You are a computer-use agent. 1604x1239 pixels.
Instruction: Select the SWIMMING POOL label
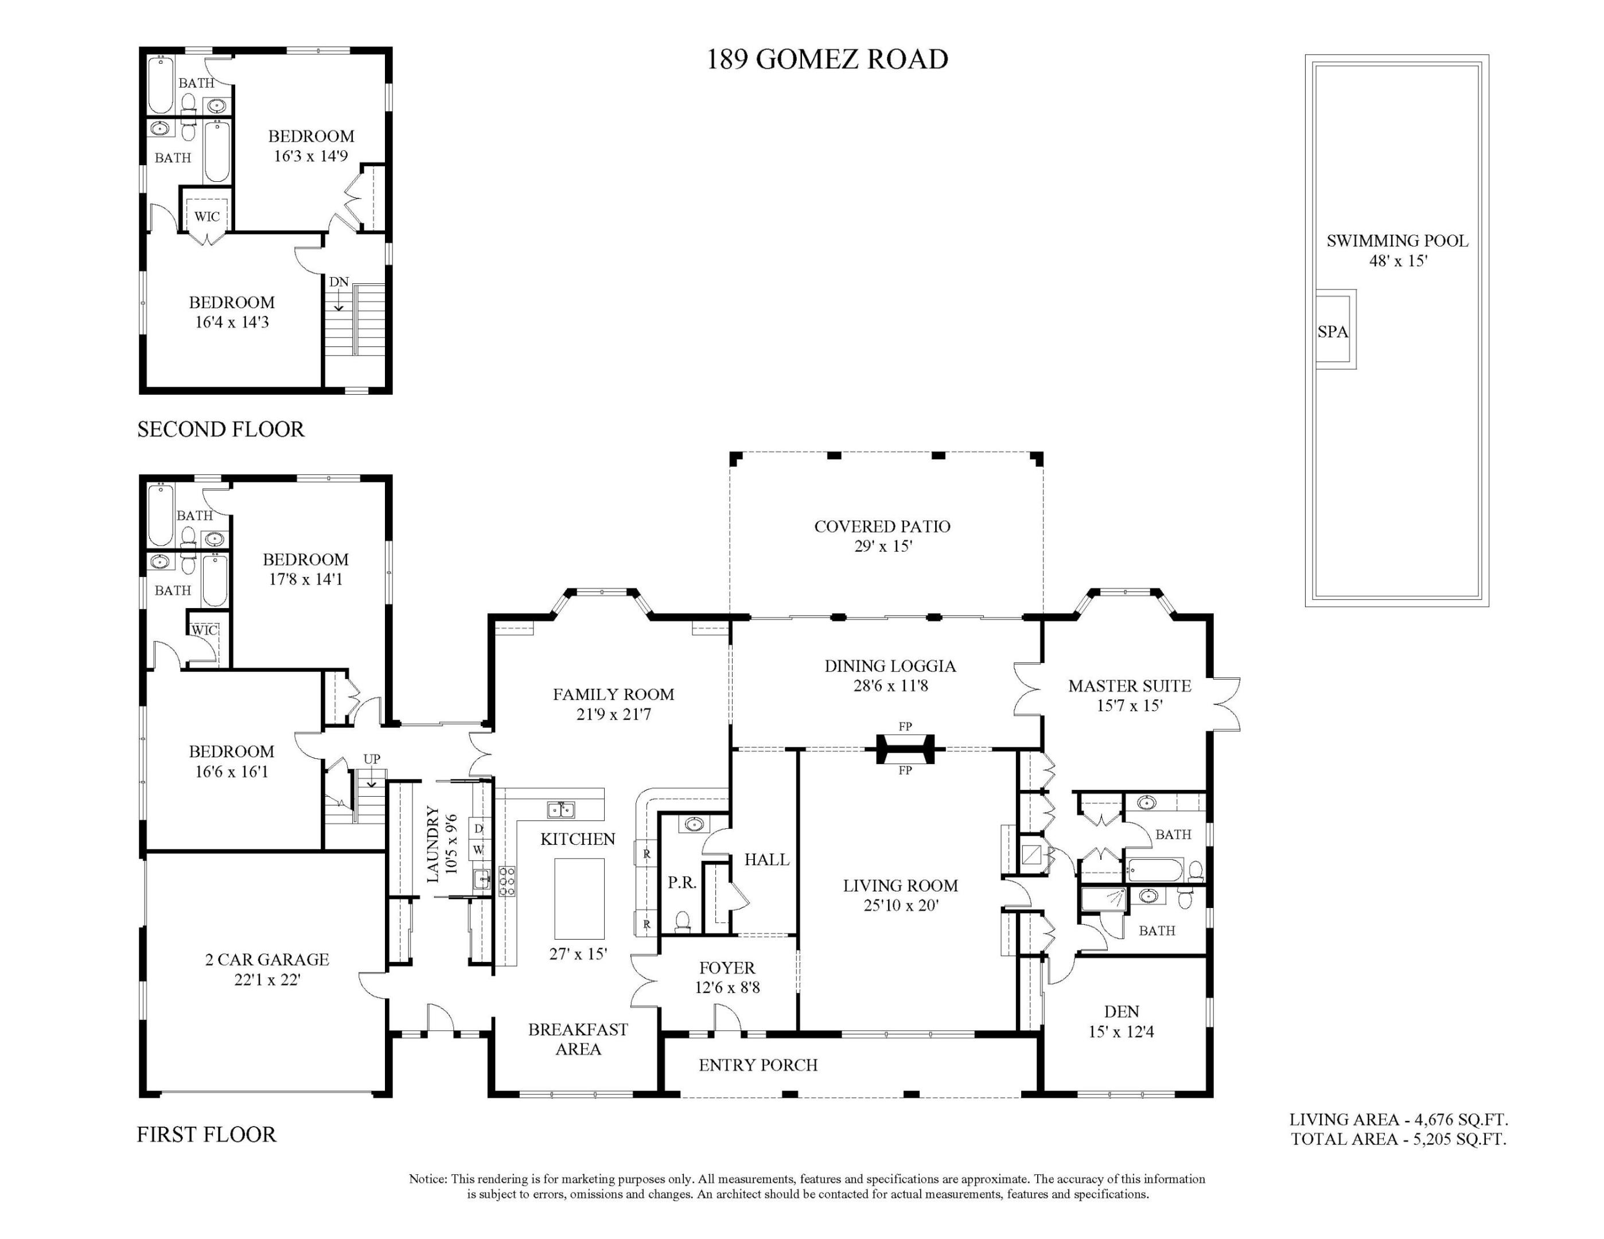point(1397,241)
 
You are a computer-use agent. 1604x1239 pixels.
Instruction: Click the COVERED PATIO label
point(882,526)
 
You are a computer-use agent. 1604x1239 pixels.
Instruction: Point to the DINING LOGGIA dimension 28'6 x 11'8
point(890,685)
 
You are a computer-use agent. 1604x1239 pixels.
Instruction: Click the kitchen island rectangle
point(579,898)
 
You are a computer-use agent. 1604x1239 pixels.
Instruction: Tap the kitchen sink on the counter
point(561,809)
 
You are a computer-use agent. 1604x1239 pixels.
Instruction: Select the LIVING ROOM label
point(901,885)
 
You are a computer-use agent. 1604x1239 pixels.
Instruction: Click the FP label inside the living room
point(905,770)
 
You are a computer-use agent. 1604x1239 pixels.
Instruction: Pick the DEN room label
point(1121,1011)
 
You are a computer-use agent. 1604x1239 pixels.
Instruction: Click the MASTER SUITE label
point(1129,686)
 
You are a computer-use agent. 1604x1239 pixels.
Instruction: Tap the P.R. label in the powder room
point(682,883)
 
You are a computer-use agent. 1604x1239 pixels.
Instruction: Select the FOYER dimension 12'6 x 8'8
point(727,988)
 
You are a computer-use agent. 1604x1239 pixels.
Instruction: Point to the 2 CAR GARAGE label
point(267,959)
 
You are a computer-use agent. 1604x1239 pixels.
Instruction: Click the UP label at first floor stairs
point(372,759)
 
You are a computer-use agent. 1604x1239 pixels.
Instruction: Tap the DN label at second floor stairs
point(338,282)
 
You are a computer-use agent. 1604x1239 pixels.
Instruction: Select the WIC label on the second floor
point(207,217)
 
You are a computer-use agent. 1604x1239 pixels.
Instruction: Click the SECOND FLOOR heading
point(220,429)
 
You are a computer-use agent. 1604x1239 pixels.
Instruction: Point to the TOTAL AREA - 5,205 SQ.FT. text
point(1399,1139)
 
